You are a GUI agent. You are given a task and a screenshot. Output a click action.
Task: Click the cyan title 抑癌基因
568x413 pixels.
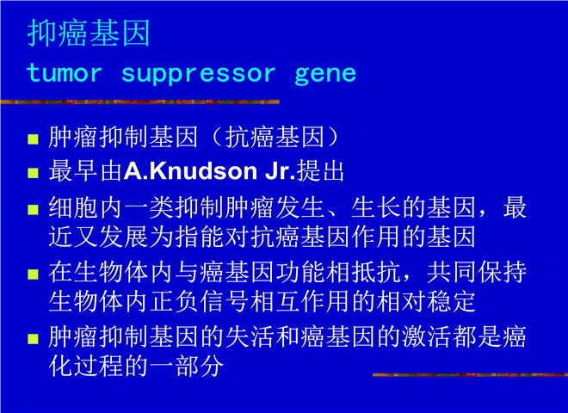89,33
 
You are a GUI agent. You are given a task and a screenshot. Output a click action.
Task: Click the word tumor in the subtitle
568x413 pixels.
65,73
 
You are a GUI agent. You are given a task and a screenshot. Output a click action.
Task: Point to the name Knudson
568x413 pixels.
204,171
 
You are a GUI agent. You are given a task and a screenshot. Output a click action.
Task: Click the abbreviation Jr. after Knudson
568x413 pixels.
280,171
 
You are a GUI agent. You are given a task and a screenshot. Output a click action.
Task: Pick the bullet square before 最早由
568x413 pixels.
33,173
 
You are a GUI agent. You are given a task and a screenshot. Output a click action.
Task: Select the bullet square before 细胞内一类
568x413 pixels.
33,209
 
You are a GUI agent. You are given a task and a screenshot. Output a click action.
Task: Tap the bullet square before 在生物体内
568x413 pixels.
33,274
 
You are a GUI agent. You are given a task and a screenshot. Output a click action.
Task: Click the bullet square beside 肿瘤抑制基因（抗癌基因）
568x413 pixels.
33,139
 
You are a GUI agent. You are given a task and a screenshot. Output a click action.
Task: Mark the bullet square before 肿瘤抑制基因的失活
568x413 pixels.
33,338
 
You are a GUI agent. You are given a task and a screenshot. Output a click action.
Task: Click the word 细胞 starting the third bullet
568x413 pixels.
73,207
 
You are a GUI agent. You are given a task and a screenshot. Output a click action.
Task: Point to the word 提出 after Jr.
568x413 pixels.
320,171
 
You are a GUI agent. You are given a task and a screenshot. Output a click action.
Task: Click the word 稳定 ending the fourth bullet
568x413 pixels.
451,301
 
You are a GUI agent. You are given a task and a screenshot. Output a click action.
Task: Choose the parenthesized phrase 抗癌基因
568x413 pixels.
275,138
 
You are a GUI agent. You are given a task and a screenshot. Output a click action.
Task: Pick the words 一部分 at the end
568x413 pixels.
187,366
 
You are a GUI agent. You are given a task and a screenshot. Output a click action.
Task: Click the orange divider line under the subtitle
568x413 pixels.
139,102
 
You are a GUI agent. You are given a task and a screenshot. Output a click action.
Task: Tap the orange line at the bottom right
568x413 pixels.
470,374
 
